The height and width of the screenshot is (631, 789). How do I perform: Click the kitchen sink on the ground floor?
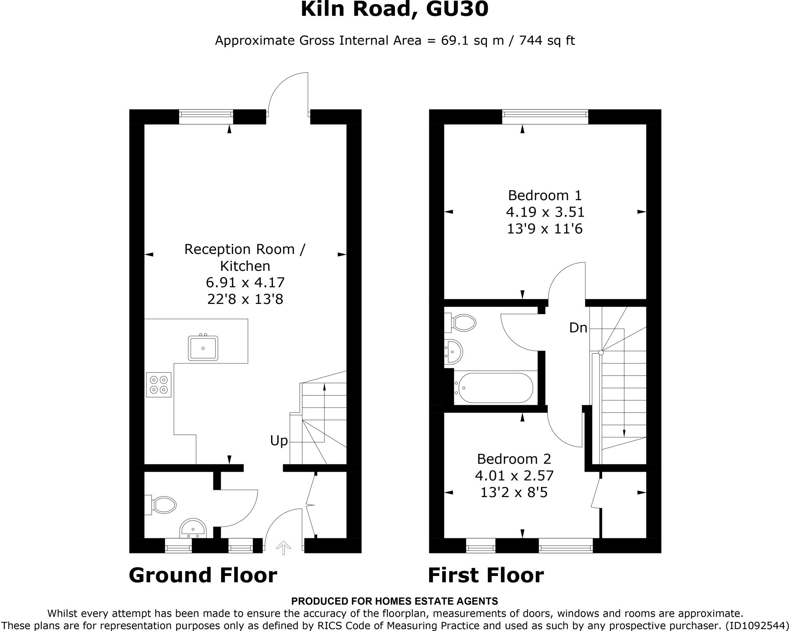pyautogui.click(x=203, y=348)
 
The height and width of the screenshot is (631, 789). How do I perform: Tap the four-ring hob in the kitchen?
pyautogui.click(x=159, y=385)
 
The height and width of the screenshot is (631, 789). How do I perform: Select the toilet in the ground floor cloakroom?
pyautogui.click(x=162, y=504)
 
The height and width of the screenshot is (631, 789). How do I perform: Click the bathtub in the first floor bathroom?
pyautogui.click(x=494, y=387)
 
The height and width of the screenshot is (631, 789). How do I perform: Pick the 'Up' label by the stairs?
pyautogui.click(x=279, y=441)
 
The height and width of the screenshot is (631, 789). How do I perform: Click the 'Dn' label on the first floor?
pyautogui.click(x=578, y=328)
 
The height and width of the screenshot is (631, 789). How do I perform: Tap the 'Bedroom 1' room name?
pyautogui.click(x=545, y=195)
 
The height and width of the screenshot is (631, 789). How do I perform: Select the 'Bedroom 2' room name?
pyautogui.click(x=514, y=459)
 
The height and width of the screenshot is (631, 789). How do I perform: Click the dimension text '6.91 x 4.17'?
pyautogui.click(x=245, y=283)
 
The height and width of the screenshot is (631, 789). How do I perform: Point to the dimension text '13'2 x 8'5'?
pyautogui.click(x=514, y=492)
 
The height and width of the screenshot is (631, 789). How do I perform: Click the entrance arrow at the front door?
pyautogui.click(x=284, y=548)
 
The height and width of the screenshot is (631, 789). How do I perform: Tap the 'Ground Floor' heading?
pyautogui.click(x=203, y=576)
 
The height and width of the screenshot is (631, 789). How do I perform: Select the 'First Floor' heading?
pyautogui.click(x=486, y=576)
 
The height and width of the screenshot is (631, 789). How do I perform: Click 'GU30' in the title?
pyautogui.click(x=457, y=9)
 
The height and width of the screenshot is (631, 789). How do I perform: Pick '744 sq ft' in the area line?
pyautogui.click(x=547, y=40)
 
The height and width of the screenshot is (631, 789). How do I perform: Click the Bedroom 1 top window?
pyautogui.click(x=545, y=117)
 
